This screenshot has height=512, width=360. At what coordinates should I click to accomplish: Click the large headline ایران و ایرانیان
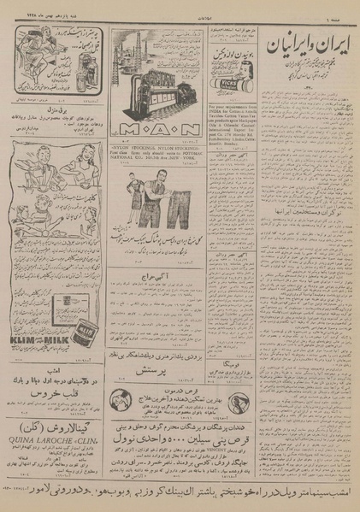(310, 42)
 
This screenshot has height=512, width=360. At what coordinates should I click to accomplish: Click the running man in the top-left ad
(39, 51)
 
